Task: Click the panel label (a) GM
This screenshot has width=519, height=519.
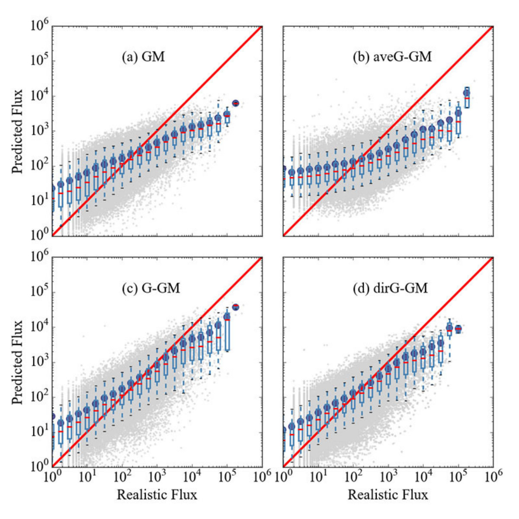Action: click(x=143, y=57)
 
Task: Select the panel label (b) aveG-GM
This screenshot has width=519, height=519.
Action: click(x=392, y=57)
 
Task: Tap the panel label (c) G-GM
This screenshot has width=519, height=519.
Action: click(x=151, y=288)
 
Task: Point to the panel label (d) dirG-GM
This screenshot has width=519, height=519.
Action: click(x=390, y=288)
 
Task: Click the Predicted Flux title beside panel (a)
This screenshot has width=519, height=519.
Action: click(x=18, y=131)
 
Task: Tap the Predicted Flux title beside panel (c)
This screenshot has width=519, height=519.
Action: click(x=18, y=362)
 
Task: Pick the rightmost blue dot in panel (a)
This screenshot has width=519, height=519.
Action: click(x=236, y=103)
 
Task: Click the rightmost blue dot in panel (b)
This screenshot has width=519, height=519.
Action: click(x=467, y=93)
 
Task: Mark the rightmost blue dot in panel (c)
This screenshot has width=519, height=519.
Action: click(x=236, y=307)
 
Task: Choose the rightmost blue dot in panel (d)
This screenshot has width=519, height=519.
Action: click(x=458, y=328)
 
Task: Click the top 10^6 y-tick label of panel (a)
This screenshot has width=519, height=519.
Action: click(x=39, y=26)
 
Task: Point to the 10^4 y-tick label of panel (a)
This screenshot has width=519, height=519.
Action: click(x=39, y=96)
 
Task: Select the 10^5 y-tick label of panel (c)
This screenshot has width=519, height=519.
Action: click(x=39, y=292)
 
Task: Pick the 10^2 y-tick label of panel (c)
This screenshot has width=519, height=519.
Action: click(x=39, y=397)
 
